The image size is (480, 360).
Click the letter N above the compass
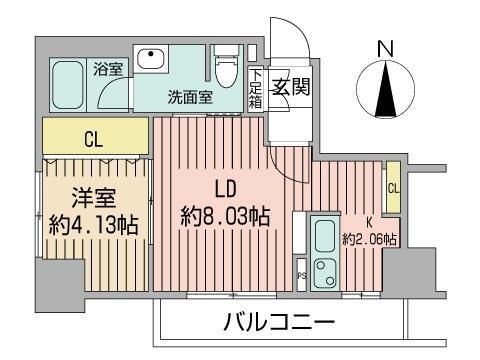click(x=383, y=47)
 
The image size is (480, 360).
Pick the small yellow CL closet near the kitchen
click(x=393, y=187)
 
